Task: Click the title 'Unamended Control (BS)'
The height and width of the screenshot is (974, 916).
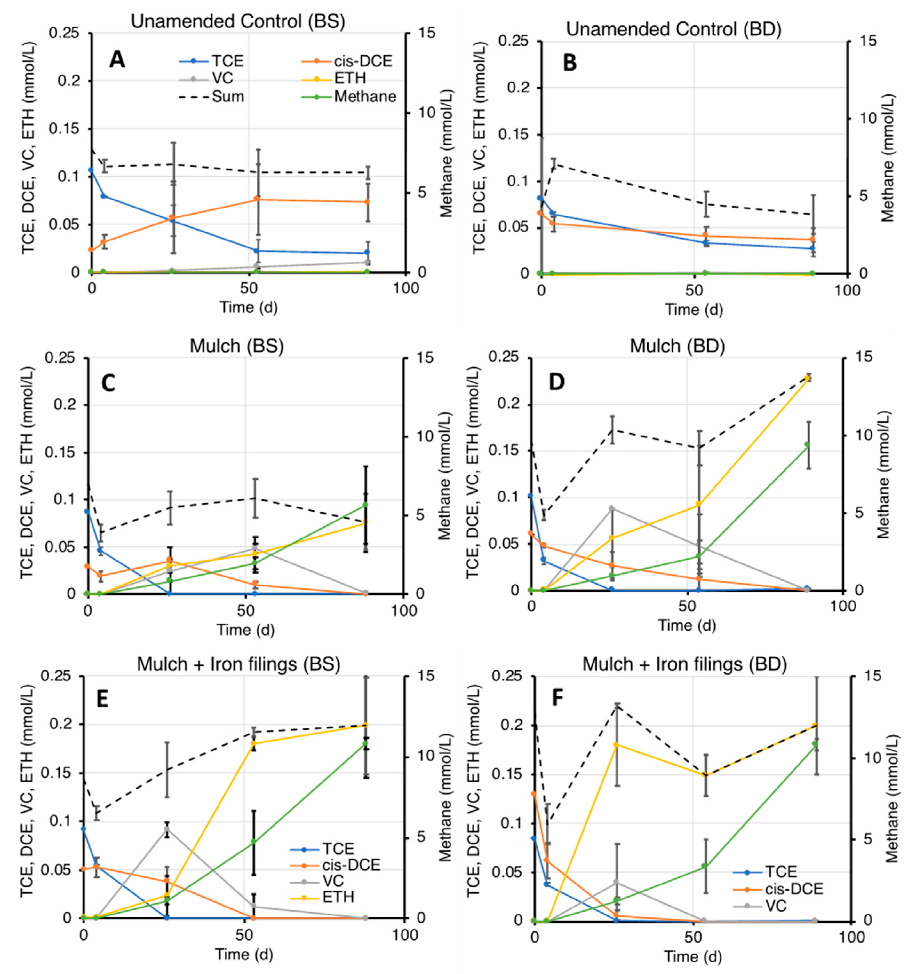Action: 238,21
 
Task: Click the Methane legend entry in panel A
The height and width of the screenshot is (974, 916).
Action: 365,97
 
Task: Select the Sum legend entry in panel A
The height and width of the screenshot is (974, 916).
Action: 228,97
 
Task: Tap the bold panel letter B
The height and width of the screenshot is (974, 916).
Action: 570,63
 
